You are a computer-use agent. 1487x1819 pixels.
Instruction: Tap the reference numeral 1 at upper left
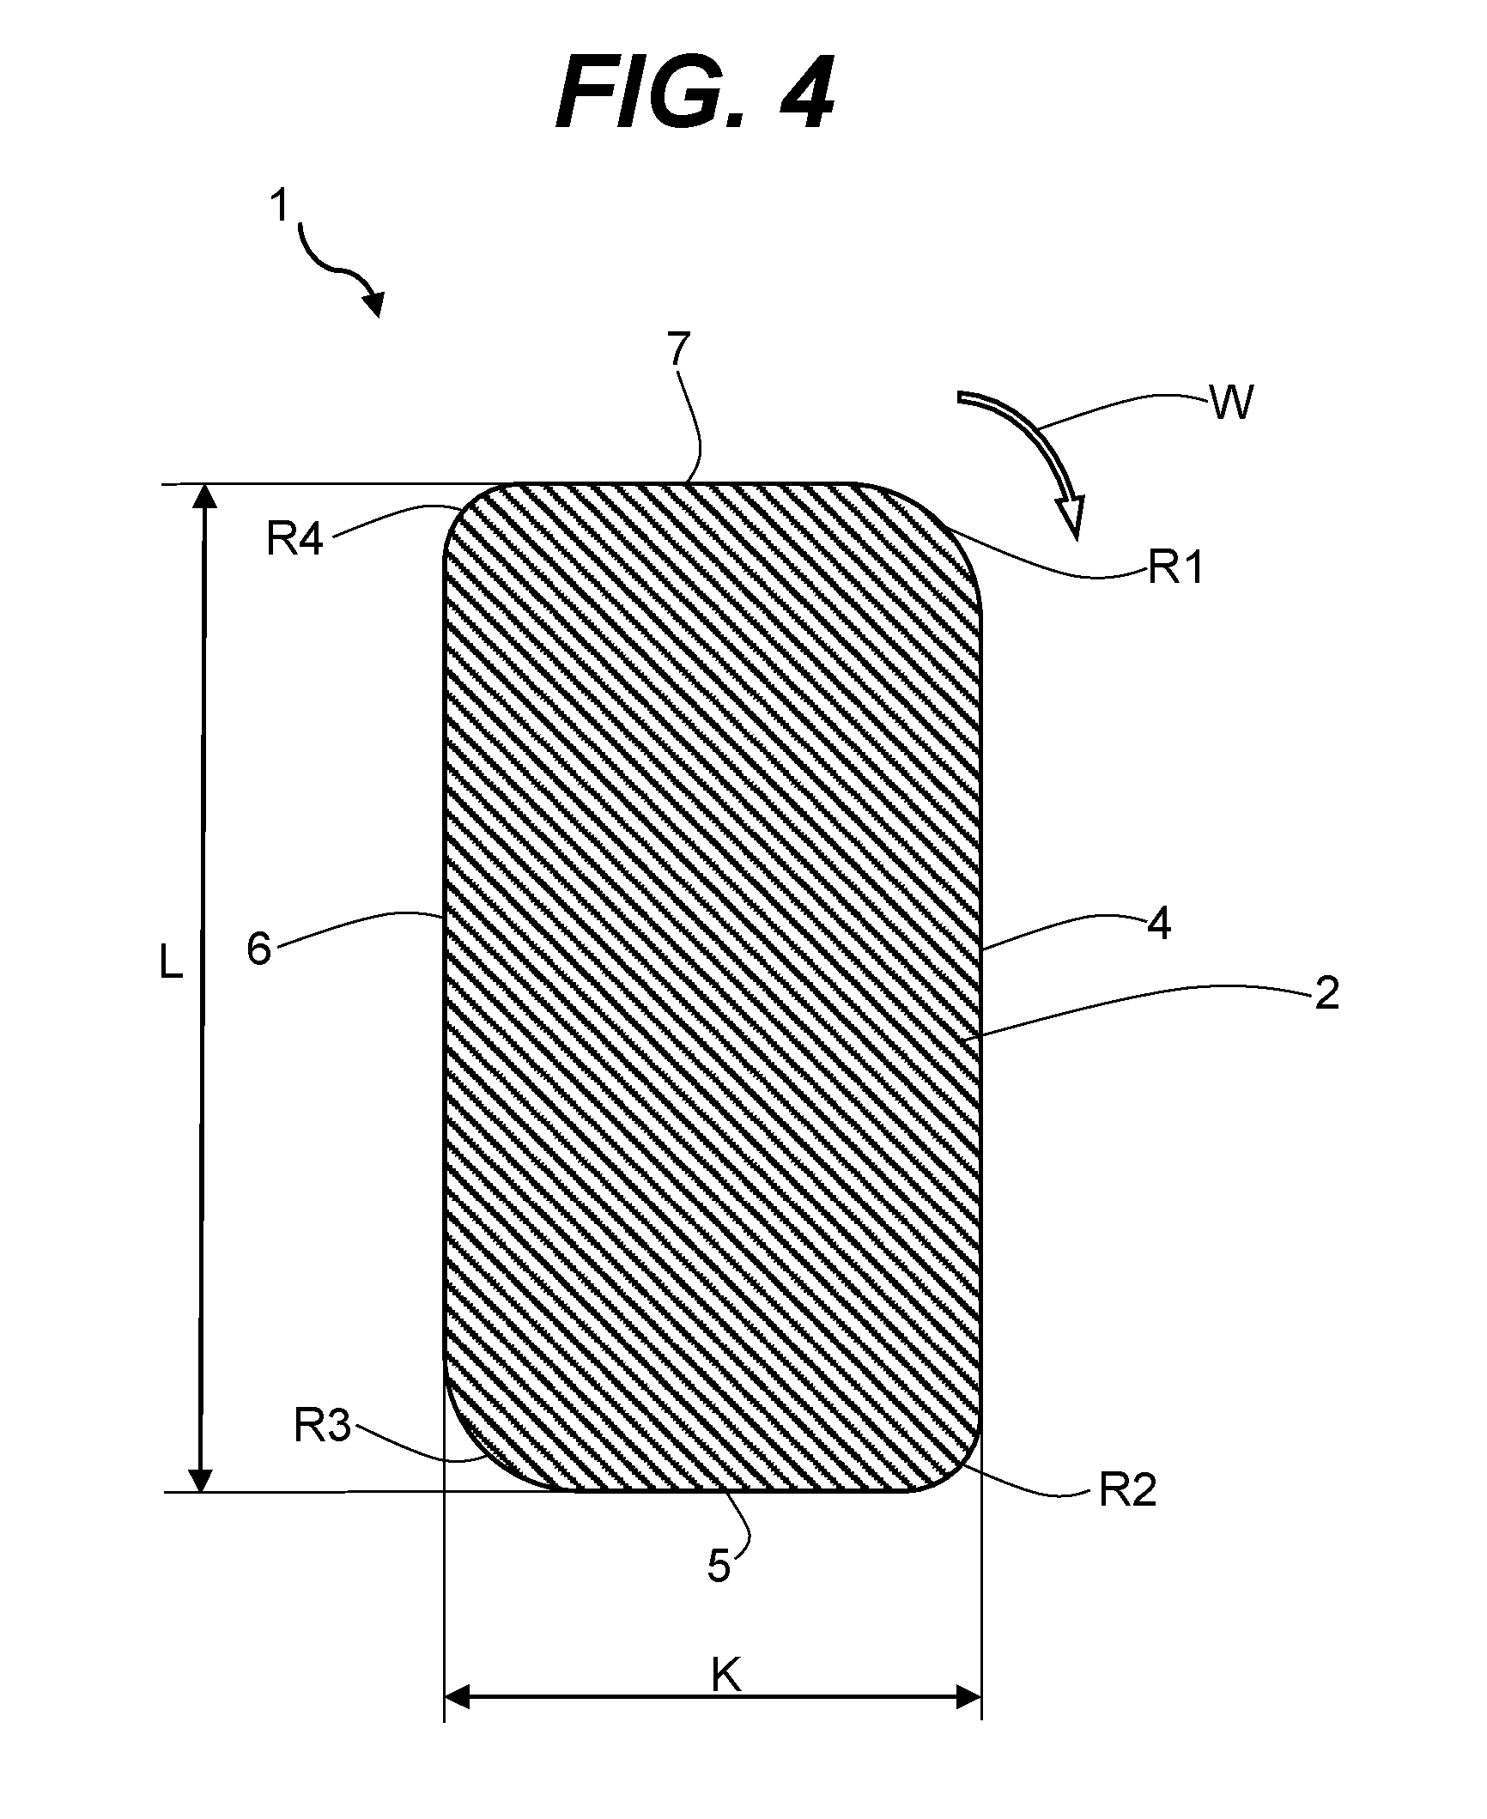tap(280, 208)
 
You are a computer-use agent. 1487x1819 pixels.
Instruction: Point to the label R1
tap(1175, 569)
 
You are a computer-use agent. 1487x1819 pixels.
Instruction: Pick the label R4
tap(294, 541)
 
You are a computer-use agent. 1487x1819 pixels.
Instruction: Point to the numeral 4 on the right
tap(1159, 926)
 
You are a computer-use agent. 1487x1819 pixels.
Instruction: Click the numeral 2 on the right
tap(1326, 995)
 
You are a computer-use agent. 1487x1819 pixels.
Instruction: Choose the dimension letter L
tap(172, 966)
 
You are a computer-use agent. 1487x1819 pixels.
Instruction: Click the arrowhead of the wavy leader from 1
tap(373, 303)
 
